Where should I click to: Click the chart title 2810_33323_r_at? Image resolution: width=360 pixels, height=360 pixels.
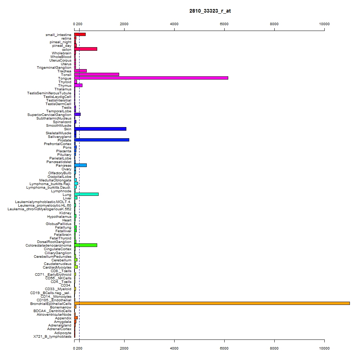coord(210,11)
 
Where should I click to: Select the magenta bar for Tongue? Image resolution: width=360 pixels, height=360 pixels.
coord(151,78)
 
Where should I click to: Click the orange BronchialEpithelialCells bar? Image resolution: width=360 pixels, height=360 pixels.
coord(212,303)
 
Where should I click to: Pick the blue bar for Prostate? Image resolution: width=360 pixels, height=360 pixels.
coord(102,140)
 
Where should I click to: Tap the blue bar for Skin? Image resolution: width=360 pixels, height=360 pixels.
coord(100,129)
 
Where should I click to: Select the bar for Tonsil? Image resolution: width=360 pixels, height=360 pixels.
coord(96,75)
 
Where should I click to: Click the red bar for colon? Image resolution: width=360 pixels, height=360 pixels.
coord(86,49)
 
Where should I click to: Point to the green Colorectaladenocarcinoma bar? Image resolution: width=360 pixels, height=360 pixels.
coord(86,245)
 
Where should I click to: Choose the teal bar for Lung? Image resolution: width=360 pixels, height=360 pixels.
coord(86,194)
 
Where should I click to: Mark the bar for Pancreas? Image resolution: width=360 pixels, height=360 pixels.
coord(80,165)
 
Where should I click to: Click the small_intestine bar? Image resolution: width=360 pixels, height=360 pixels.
coord(80,35)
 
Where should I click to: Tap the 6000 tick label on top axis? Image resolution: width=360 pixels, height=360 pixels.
coord(224,24)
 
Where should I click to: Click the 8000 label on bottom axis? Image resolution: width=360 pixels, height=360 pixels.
coord(274,348)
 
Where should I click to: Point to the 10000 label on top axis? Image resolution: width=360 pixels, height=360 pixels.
coord(324,24)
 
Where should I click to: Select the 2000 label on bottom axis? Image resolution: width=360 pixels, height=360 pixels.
coord(124,348)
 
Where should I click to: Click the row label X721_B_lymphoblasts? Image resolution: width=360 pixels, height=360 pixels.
coord(52,337)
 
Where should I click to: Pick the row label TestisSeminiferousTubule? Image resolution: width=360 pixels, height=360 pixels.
coord(49,93)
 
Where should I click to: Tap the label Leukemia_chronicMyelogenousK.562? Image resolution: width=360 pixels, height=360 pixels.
coord(40,209)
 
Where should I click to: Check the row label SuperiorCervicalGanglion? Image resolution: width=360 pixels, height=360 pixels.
coord(49,115)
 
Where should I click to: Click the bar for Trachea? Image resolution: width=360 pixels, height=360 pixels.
coord(80,71)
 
